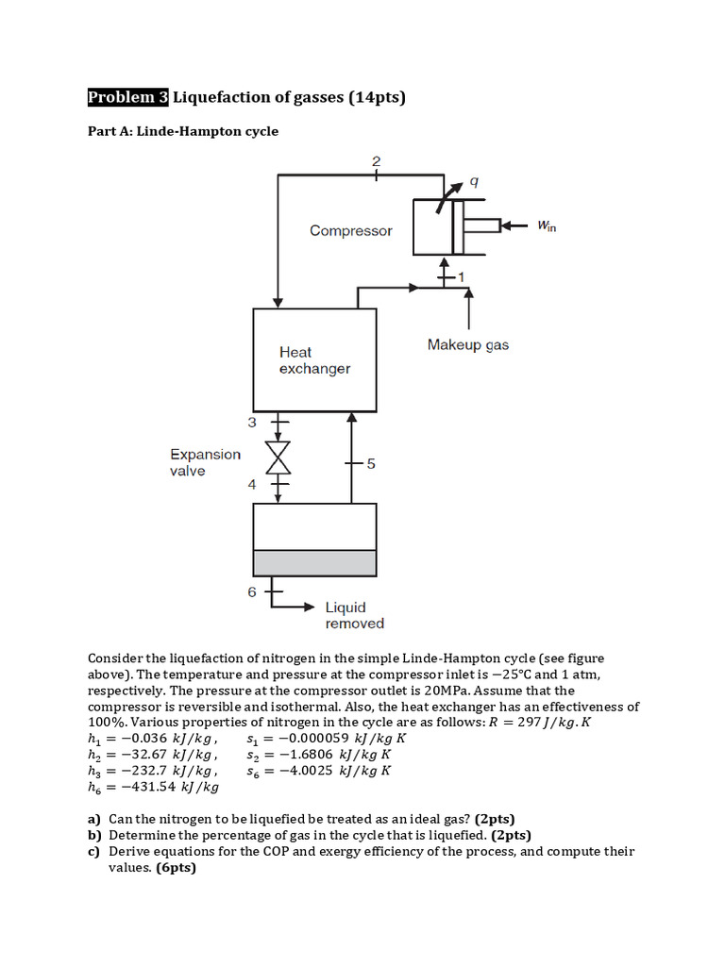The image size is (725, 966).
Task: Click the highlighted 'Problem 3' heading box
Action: point(127,97)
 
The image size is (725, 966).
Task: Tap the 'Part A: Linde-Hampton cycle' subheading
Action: point(183,131)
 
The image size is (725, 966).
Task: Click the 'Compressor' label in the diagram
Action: point(351,230)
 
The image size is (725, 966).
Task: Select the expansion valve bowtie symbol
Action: point(278,458)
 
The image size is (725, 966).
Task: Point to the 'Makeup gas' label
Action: point(468,344)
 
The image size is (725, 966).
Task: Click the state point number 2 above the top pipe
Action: point(376,161)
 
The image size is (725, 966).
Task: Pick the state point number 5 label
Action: point(370,463)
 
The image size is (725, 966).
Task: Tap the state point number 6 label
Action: point(251,592)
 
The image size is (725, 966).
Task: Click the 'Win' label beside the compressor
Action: point(547,226)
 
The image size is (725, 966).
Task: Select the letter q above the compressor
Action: point(474,182)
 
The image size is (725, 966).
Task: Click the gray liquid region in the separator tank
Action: point(314,563)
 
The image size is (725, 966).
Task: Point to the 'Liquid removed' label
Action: point(355,615)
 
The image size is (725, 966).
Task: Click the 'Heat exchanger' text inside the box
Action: point(314,360)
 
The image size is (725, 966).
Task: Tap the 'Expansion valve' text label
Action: point(205,462)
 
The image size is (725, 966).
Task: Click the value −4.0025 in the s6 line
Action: point(305,771)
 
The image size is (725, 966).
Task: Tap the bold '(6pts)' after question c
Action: point(176,868)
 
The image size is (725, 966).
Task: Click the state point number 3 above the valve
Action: point(251,423)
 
